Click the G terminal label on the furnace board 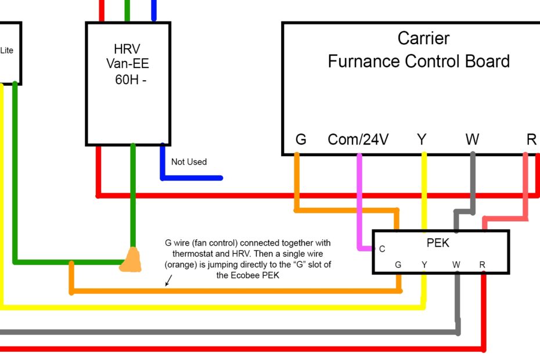301,140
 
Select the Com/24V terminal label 358,140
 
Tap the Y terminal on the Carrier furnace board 422,140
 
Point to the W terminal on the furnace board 472,140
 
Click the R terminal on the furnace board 531,140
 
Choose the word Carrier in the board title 423,38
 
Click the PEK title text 438,243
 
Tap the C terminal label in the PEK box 382,249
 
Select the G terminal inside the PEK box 398,265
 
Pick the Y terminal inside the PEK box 425,265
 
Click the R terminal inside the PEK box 483,265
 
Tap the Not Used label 189,162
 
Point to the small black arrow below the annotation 169,280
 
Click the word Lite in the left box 6,51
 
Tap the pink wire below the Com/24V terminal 360,197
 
